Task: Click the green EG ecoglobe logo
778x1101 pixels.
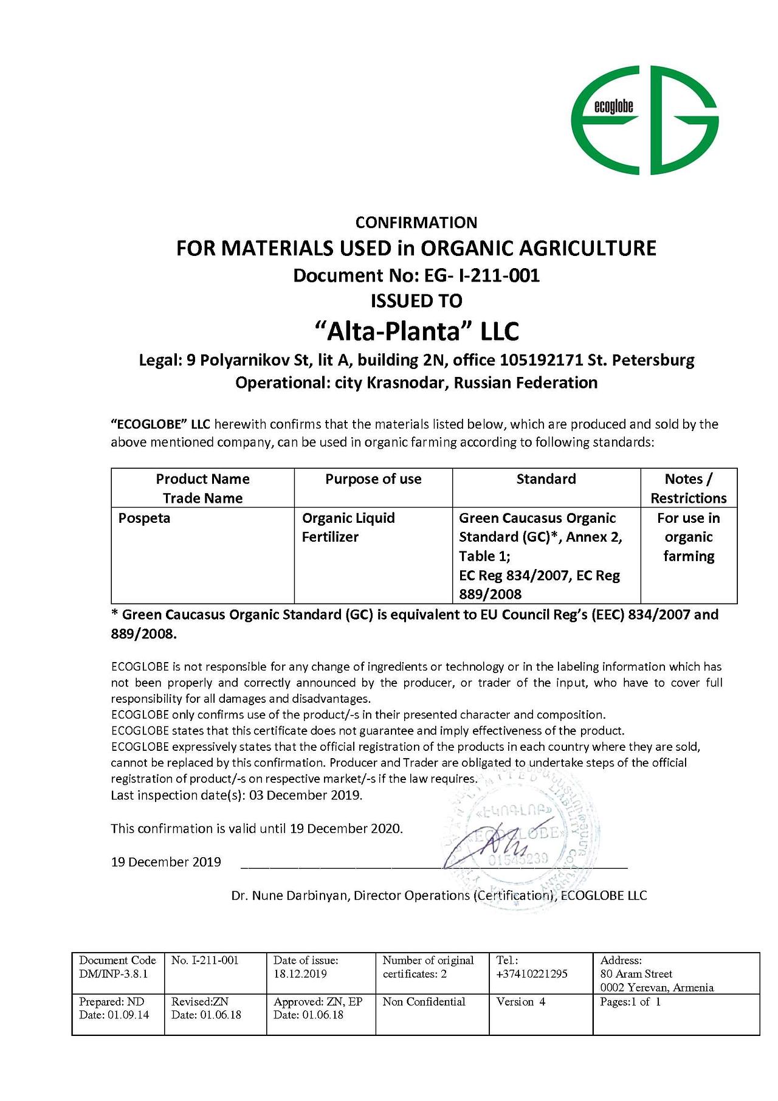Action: point(644,120)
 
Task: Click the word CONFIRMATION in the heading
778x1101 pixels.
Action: point(416,223)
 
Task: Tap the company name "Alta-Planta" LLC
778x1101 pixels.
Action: point(417,331)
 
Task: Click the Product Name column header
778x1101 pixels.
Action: point(202,488)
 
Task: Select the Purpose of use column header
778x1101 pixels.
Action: point(373,479)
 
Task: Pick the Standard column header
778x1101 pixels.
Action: point(546,479)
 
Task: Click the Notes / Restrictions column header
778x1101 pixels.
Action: point(689,488)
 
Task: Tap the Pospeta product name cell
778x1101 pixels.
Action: point(145,519)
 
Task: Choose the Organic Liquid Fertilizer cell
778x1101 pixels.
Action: point(348,527)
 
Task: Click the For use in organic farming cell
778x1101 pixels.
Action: point(689,537)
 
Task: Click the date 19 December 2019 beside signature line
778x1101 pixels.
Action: point(166,862)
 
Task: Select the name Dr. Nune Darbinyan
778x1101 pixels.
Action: point(290,896)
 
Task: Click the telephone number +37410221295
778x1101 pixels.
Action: point(532,974)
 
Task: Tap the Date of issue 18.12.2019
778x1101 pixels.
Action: point(300,974)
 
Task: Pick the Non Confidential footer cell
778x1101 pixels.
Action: point(424,1002)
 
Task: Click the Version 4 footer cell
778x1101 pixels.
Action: point(521,1002)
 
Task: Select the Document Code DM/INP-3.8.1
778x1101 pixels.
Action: point(114,974)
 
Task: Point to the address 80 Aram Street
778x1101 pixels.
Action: point(636,974)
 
